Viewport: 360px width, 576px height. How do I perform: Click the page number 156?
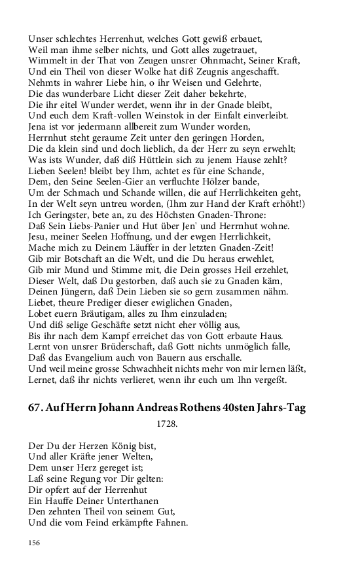click(34, 543)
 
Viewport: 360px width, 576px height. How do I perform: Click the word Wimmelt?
click(47, 61)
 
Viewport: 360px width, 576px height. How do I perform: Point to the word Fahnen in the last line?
click(170, 523)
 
